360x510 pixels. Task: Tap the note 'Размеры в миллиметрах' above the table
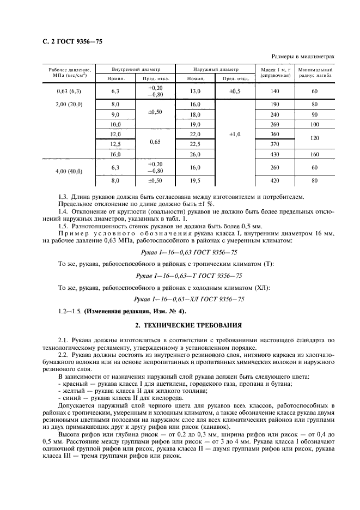(x=302, y=56)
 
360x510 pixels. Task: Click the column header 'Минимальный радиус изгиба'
(x=314, y=73)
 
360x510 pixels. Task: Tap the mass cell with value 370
(x=274, y=144)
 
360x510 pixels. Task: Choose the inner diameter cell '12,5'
(x=115, y=144)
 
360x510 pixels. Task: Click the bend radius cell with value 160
(x=314, y=154)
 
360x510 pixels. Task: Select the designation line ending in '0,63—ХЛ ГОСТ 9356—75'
(x=189, y=300)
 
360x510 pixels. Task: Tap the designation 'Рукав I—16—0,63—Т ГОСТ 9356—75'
(x=189, y=276)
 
